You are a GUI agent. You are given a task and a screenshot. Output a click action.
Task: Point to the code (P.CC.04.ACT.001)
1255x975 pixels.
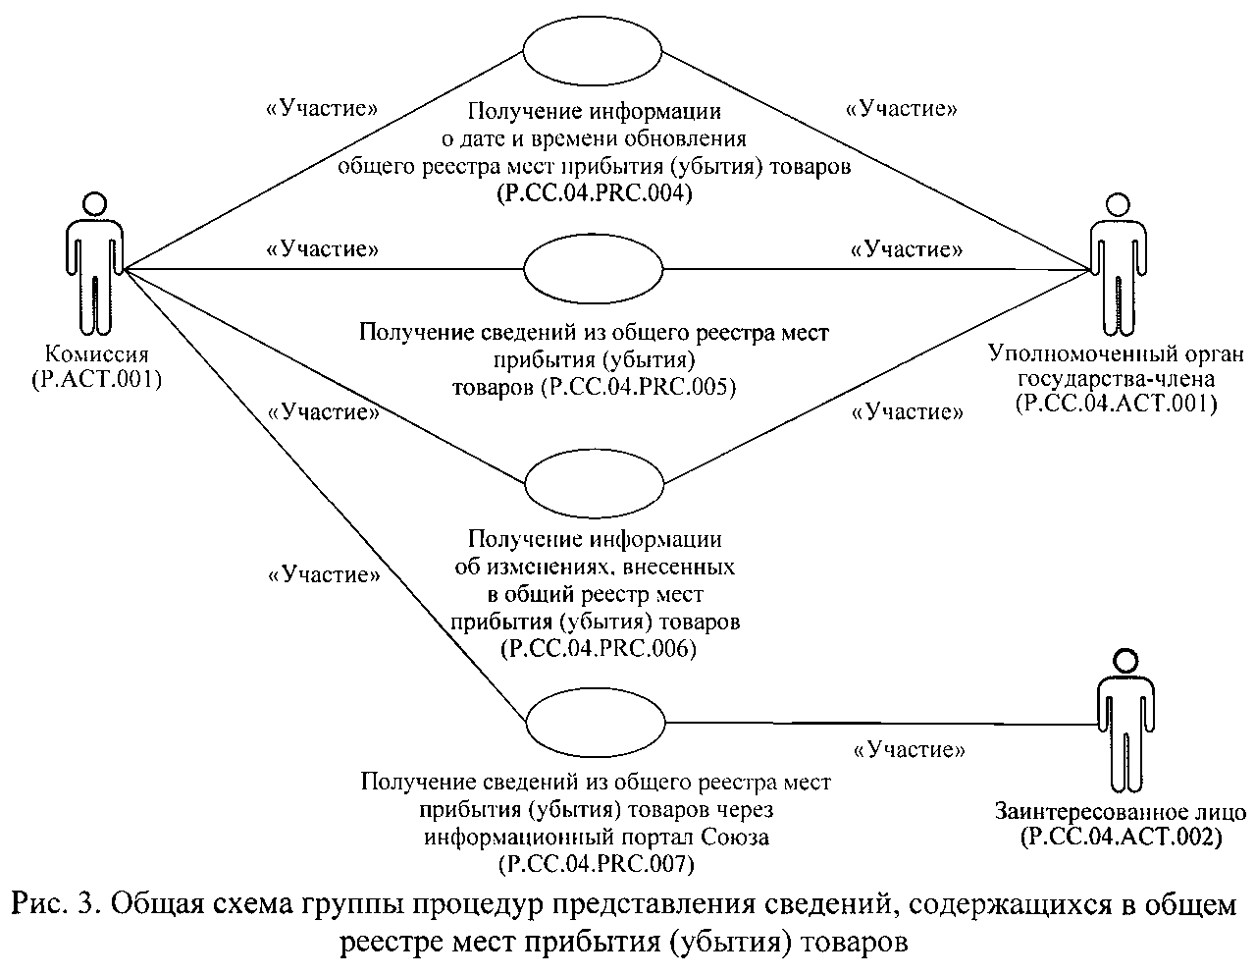coord(1117,403)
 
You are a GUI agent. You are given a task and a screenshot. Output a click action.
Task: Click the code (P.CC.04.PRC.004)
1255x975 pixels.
coord(596,193)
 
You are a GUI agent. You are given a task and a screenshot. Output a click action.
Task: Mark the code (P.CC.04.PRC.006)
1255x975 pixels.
coord(597,649)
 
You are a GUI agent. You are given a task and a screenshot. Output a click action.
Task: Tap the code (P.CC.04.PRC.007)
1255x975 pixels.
coord(597,864)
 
